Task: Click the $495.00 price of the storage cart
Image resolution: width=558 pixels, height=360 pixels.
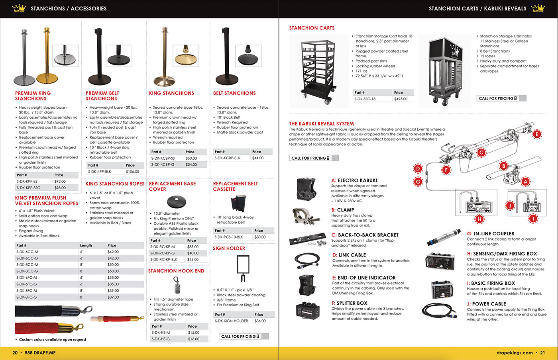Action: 401,99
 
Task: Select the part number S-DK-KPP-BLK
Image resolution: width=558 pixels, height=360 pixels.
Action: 100,172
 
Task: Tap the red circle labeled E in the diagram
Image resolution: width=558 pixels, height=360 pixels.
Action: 537,134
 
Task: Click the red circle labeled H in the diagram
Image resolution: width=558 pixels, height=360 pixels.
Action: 479,219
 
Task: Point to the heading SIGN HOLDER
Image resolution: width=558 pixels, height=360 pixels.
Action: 229,248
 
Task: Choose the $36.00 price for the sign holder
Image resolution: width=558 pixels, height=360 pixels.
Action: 260,321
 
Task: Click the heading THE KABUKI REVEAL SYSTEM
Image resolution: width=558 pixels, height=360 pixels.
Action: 321,123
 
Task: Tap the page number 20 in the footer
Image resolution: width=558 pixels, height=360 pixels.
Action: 15,352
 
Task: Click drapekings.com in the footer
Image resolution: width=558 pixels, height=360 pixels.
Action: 515,352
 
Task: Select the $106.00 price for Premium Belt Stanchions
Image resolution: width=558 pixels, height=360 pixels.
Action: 132,172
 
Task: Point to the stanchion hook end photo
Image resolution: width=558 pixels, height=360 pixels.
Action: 177,284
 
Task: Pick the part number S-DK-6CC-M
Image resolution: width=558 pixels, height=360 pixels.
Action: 27,252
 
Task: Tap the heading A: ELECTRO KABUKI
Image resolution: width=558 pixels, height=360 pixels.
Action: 354,180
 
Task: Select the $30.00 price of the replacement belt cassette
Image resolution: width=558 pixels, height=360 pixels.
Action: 260,237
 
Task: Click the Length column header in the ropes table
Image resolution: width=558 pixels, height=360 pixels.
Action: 86,245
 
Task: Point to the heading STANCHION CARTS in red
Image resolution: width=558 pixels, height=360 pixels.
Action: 312,28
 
